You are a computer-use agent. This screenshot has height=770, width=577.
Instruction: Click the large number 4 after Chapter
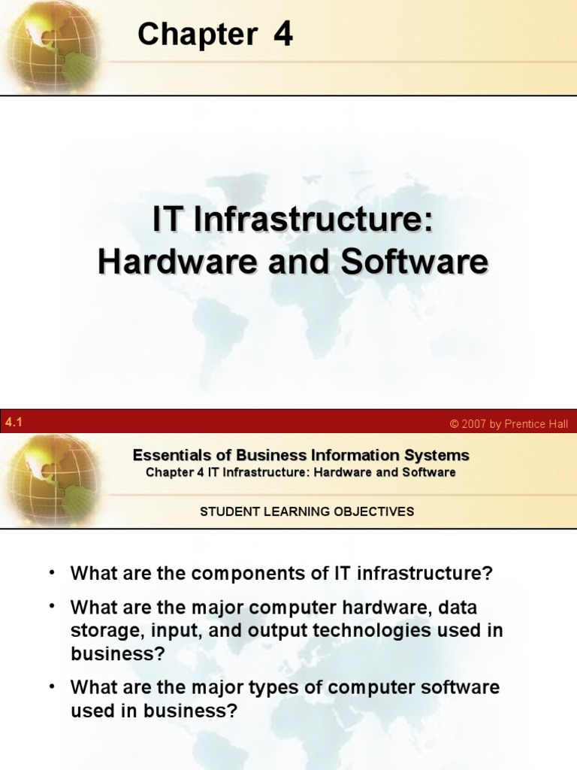pos(283,34)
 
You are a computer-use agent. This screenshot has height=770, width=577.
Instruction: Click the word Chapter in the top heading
pos(198,35)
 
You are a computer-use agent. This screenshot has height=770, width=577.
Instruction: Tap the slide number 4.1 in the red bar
pos(14,423)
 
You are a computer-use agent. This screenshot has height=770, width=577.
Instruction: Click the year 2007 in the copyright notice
pos(475,424)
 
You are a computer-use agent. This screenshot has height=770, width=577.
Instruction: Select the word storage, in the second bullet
pos(101,630)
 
